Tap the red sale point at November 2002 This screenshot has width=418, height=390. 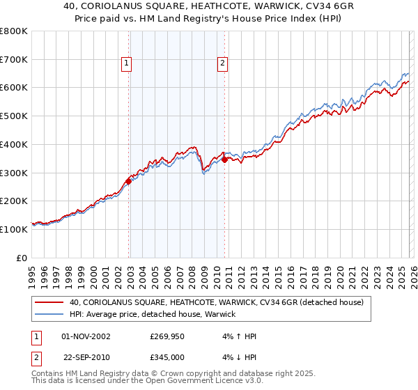coord(128,181)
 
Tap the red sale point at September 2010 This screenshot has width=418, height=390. coord(224,159)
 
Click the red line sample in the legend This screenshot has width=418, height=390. coord(49,303)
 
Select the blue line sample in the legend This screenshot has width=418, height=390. coord(49,315)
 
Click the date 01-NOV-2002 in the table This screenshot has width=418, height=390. coord(86,336)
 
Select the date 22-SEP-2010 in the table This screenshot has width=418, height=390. coord(86,357)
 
